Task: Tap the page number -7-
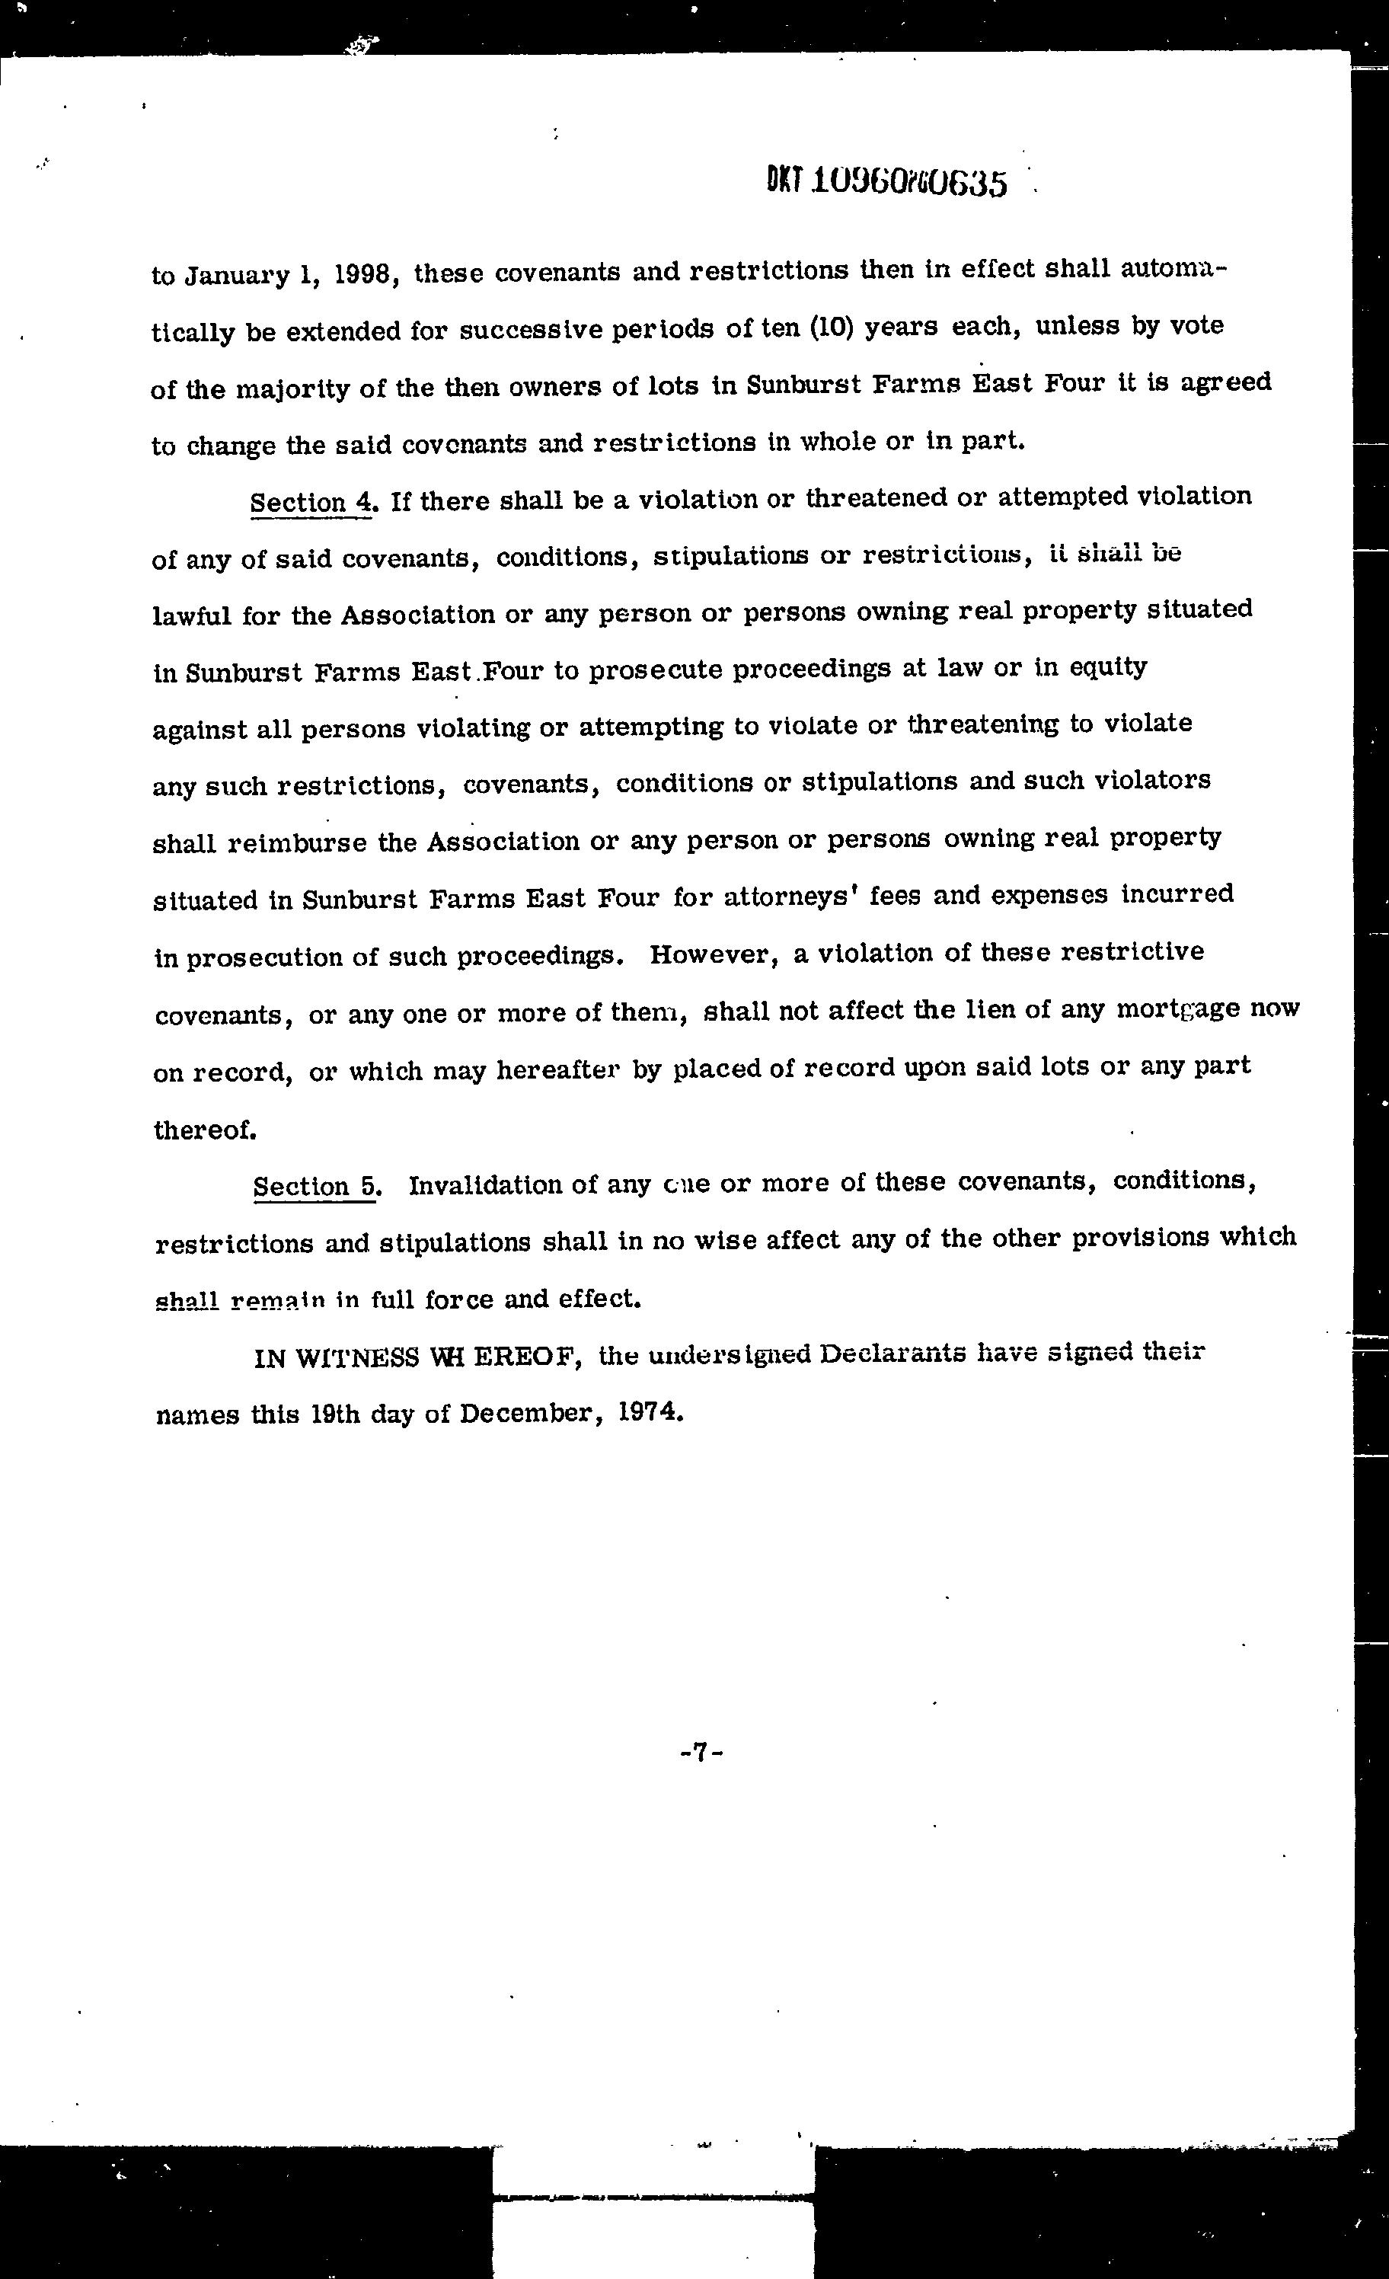point(700,1752)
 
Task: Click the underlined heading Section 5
point(316,1187)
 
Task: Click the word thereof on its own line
point(204,1130)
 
